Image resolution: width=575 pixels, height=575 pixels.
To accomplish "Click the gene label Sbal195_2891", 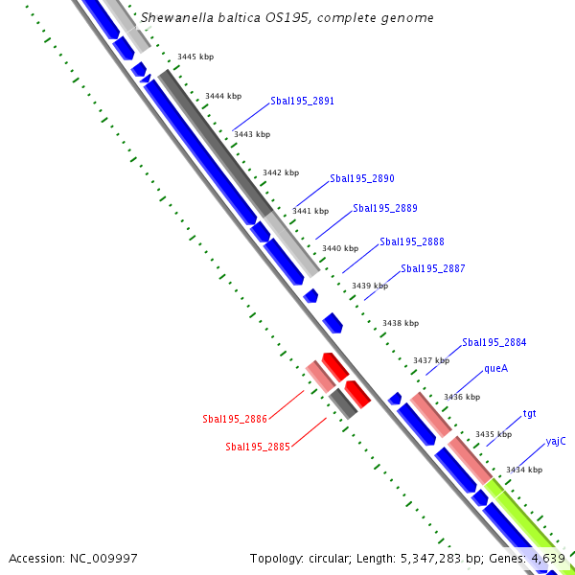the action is [x=302, y=101].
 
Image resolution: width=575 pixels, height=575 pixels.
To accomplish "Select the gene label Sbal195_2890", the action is [x=361, y=179].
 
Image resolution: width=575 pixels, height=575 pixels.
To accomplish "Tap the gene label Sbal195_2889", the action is [x=384, y=208].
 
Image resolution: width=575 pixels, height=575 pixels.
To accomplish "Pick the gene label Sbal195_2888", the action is [x=411, y=242].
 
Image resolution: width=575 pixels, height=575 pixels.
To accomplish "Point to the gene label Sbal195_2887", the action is [x=433, y=269].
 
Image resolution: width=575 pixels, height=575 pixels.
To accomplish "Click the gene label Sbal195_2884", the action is [x=494, y=342].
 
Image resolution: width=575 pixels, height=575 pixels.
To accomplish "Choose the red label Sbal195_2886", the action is [x=234, y=420].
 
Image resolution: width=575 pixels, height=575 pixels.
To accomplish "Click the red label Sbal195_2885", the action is [x=257, y=447].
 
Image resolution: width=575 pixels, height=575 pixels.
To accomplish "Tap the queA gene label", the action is [x=495, y=368].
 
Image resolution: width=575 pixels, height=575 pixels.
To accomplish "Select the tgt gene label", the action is [x=529, y=414].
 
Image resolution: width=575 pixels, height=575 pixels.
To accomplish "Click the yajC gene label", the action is [x=556, y=441].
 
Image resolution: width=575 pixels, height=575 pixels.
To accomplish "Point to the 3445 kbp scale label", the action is [x=195, y=57].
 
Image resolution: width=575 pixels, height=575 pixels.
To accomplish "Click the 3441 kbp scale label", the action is [x=310, y=211].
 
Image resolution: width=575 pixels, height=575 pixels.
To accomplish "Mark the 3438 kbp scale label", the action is [x=400, y=324].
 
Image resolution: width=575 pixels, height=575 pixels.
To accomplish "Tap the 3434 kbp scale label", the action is [x=524, y=470].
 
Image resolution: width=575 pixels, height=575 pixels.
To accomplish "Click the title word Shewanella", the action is [x=175, y=18].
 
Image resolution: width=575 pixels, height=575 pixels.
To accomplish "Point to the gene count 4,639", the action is [x=548, y=558].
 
